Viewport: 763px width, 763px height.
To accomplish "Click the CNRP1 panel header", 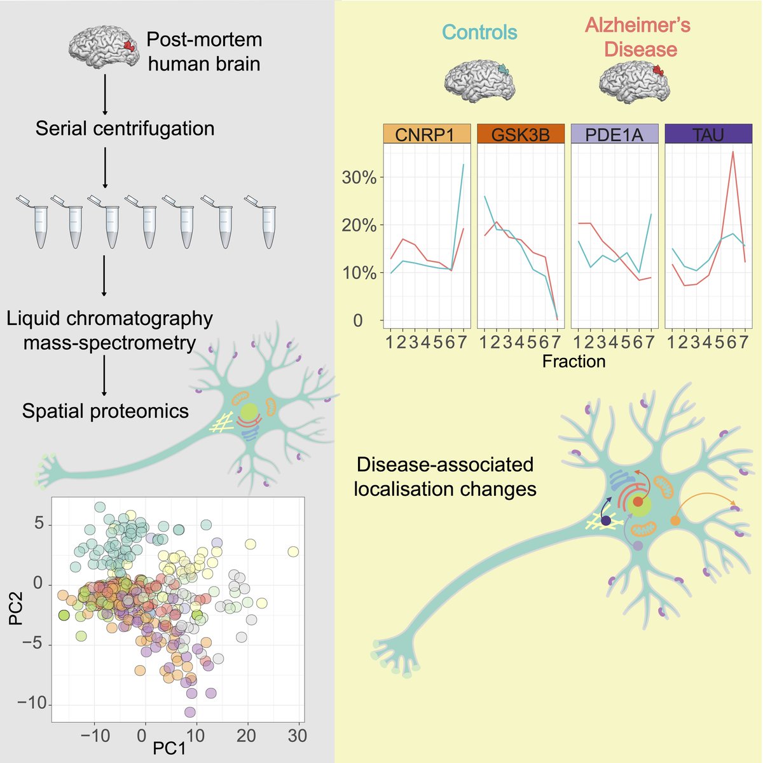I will tap(426, 134).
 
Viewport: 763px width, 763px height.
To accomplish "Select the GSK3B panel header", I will tap(520, 134).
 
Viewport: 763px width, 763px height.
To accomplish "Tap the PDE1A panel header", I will tap(614, 134).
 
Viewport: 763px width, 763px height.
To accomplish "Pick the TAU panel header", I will tap(708, 134).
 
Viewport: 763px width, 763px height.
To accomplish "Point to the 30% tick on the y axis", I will tap(359, 177).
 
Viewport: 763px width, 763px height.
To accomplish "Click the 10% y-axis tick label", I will tap(359, 273).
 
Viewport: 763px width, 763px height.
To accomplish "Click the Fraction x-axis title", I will tap(574, 362).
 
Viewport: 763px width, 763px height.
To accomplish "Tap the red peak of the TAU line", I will tap(733, 152).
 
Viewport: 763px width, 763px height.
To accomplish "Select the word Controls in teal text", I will tap(479, 32).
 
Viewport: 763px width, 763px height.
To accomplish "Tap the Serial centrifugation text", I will tap(125, 129).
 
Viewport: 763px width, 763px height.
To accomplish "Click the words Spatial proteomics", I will tap(106, 411).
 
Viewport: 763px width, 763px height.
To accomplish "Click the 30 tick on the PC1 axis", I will tap(297, 736).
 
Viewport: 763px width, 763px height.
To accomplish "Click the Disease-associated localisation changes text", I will tap(445, 477).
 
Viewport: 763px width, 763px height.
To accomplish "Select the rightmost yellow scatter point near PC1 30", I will tap(293, 551).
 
